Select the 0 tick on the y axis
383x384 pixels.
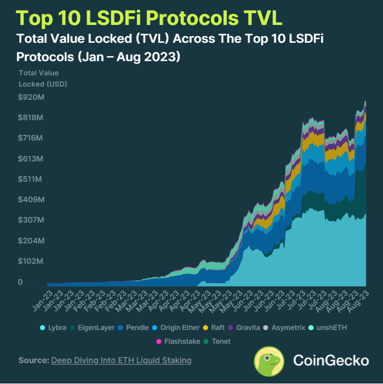click(21, 282)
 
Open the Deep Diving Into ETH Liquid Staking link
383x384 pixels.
click(121, 361)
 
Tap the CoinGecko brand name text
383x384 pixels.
click(331, 361)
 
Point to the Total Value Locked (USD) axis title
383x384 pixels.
click(43, 78)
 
